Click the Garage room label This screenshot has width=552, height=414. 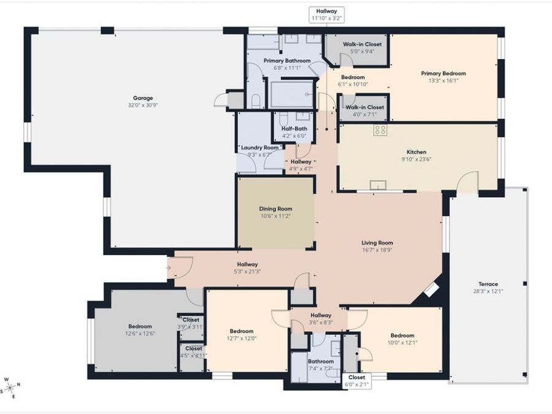[x=143, y=98]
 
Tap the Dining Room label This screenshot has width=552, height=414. [x=275, y=209]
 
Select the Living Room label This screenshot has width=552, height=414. [x=377, y=243]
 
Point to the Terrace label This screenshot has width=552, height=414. [x=488, y=284]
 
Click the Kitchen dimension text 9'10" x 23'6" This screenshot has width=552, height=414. [x=416, y=159]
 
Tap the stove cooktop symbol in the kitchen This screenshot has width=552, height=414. [x=380, y=130]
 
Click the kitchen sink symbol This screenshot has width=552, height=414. [x=378, y=185]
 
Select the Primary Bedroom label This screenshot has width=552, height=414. [x=443, y=74]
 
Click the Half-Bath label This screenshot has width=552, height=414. [x=294, y=129]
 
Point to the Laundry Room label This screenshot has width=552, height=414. [x=260, y=148]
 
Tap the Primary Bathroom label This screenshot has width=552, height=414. [x=287, y=61]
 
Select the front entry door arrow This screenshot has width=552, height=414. [x=168, y=268]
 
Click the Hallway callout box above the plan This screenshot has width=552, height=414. [x=327, y=15]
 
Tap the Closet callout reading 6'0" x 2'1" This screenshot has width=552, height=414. [x=356, y=381]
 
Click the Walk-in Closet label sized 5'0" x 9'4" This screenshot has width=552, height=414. [x=362, y=44]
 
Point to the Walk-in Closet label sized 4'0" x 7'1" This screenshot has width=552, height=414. [x=365, y=107]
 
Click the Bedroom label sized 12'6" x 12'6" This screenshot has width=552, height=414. [x=140, y=327]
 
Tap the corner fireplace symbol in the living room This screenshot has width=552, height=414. [x=431, y=289]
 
